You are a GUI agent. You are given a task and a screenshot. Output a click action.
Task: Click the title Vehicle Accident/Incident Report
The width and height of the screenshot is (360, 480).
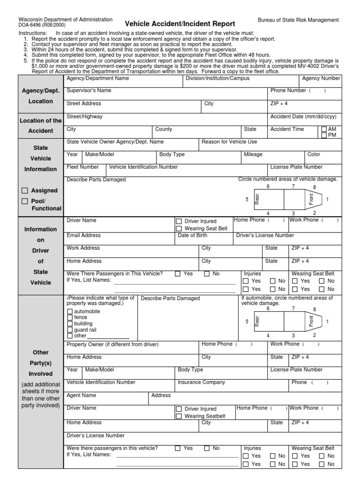[x=180, y=23]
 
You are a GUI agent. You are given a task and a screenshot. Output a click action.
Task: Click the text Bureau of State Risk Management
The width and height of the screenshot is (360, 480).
[x=298, y=20]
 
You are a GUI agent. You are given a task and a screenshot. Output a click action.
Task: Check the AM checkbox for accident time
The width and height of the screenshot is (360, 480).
[x=324, y=129]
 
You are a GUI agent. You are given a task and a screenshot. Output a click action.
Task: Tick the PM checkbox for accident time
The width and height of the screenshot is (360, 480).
[x=324, y=135]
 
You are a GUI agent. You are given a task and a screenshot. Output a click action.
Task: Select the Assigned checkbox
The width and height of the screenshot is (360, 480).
[x=25, y=191]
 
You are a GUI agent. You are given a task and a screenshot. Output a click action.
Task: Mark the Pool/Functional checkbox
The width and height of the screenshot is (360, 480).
[x=25, y=201]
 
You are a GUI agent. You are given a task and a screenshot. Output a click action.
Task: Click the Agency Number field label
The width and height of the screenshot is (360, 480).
[x=321, y=78]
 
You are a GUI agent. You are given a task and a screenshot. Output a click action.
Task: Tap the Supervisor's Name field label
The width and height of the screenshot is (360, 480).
[x=89, y=90]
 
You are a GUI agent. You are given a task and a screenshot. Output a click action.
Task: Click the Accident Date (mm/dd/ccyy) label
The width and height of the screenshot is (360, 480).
[x=303, y=116]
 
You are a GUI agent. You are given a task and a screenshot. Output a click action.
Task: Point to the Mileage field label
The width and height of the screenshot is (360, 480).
[x=253, y=154]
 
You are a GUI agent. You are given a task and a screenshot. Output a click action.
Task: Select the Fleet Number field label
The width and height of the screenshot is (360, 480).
[x=83, y=167]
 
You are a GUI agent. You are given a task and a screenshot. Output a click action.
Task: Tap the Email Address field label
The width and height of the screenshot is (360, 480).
[x=83, y=235]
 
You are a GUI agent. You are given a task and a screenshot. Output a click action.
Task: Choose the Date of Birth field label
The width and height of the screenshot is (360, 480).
[x=193, y=235]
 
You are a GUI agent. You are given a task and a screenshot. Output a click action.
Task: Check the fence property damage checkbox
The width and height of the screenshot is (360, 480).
[x=70, y=317]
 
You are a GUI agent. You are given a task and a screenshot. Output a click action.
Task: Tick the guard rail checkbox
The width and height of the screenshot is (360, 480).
[x=70, y=330]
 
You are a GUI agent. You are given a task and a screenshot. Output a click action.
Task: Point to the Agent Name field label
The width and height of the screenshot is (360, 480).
[x=82, y=395]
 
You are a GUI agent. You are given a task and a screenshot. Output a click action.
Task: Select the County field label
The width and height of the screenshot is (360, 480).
[x=164, y=129]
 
